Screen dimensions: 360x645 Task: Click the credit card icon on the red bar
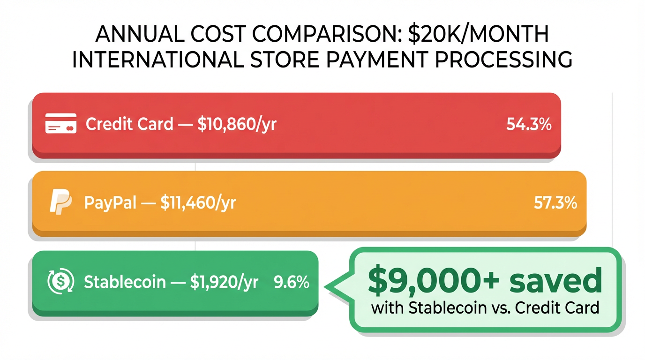click(x=60, y=124)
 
